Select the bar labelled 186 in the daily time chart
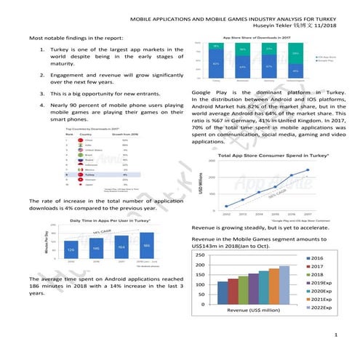(147, 246)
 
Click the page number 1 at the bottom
(332, 335)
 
